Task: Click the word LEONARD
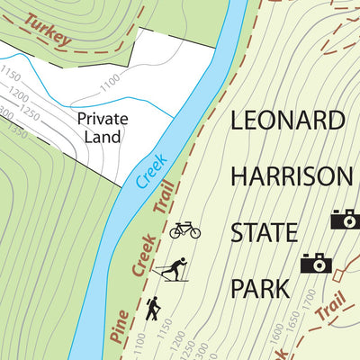288,120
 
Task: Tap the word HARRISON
292,175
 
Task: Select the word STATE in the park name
264,232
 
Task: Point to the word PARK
260,289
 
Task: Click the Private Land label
102,127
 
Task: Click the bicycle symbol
184,230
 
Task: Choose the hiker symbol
153,309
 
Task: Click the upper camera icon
345,219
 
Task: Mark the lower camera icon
316,262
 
